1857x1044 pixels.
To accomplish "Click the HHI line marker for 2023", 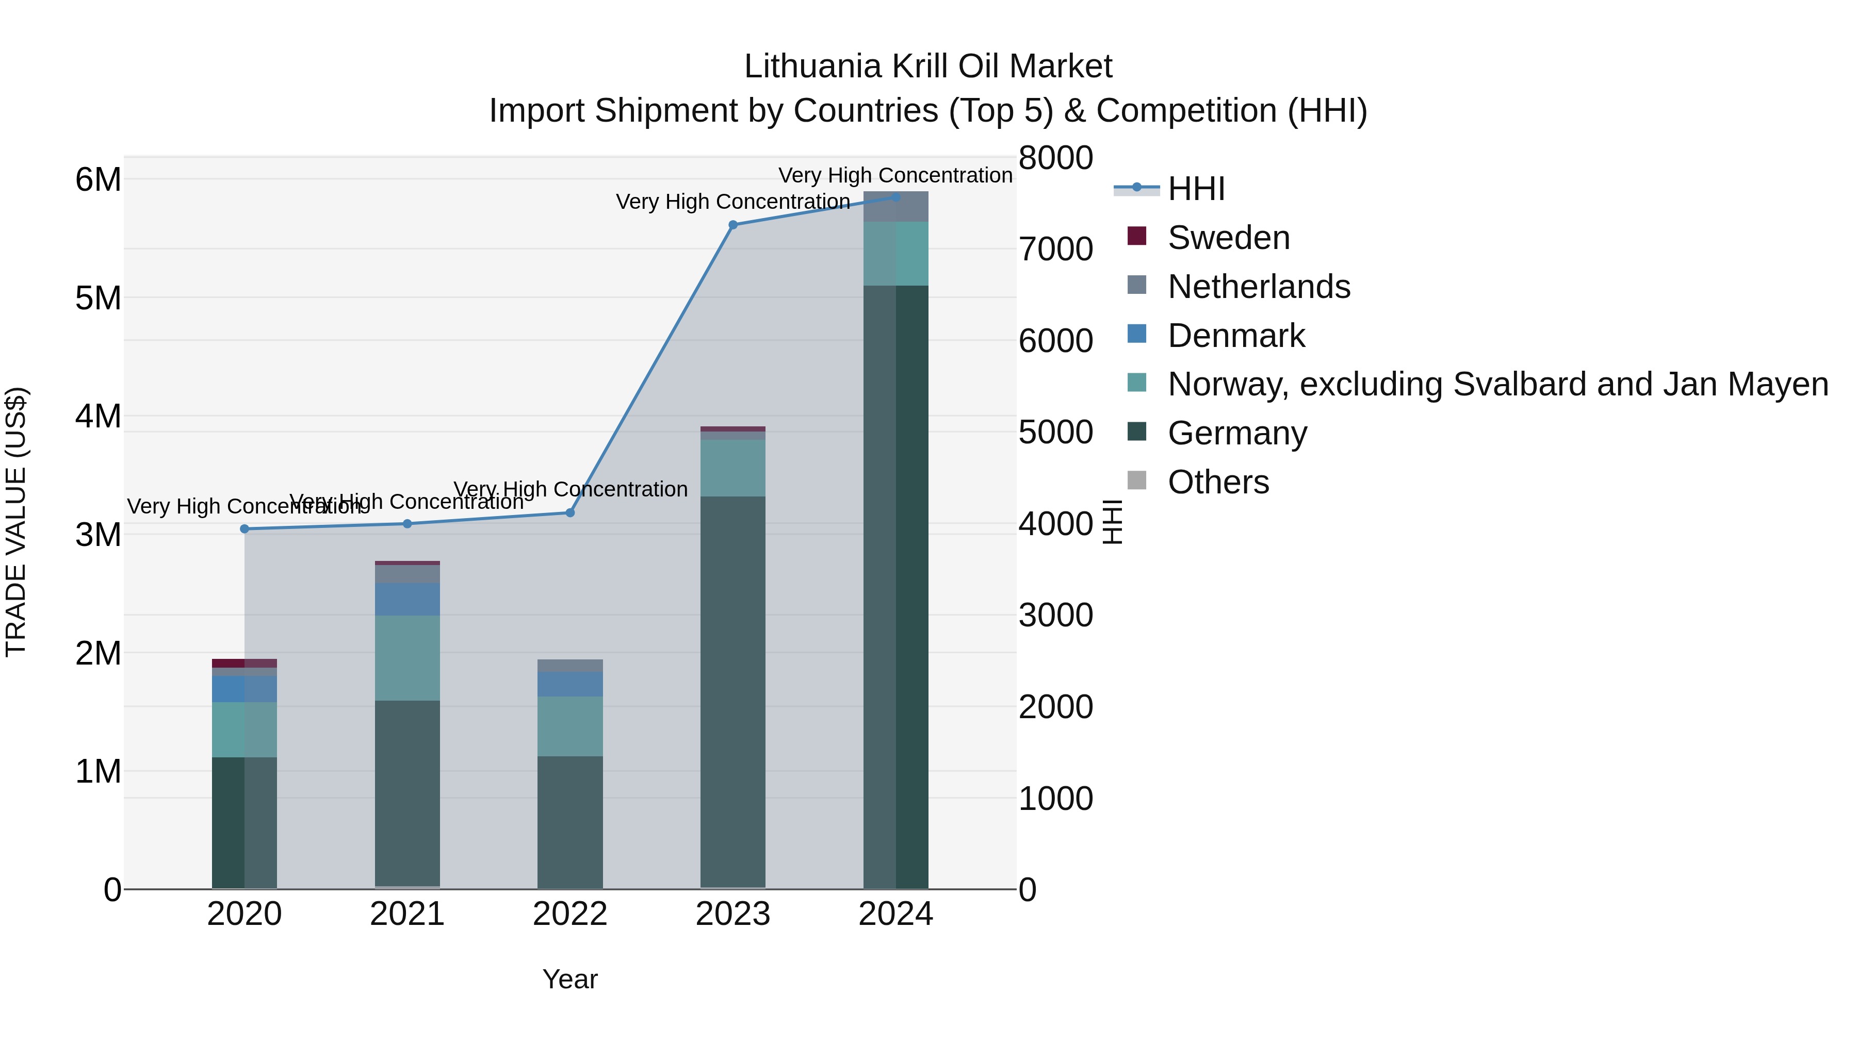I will click(732, 225).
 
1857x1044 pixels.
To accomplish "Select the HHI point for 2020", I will click(245, 529).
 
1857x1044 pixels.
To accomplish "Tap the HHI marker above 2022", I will click(569, 513).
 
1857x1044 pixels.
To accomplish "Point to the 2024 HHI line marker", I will click(895, 197).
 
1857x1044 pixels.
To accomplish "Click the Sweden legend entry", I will click(1228, 238).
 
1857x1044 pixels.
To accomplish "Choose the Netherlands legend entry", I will click(1258, 287).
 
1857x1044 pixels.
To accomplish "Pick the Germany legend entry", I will click(1236, 434).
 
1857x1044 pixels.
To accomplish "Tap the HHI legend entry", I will click(1196, 189).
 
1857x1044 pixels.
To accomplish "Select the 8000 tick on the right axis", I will click(1055, 158).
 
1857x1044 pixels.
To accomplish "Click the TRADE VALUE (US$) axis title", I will click(16, 522).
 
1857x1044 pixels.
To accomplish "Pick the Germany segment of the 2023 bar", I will click(732, 692).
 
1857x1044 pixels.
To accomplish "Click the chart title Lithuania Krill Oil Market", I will click(928, 67).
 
